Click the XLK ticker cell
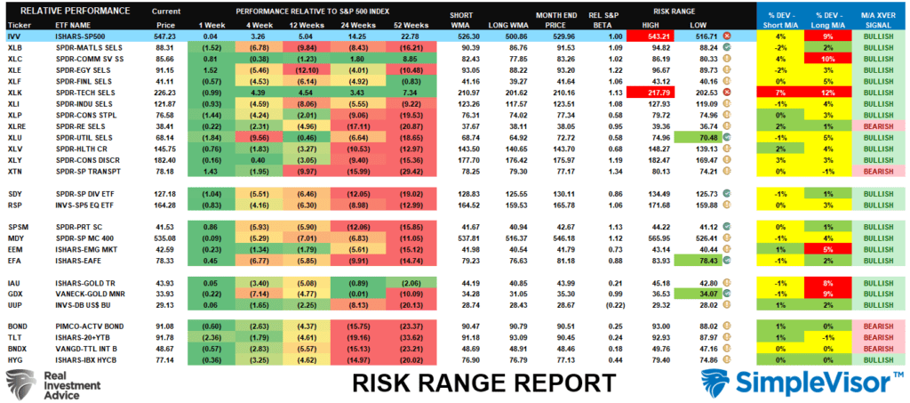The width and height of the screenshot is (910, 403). (16, 91)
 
